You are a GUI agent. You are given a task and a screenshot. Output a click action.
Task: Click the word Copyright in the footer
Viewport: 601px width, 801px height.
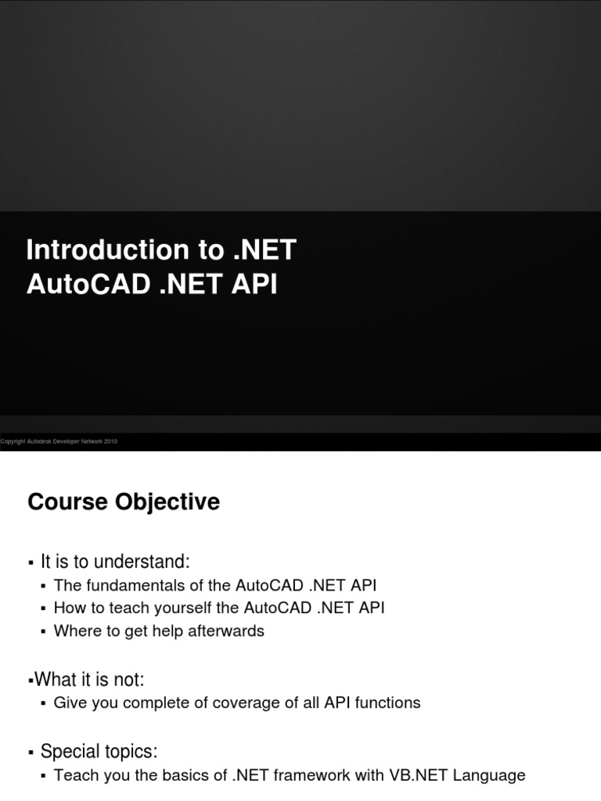(x=13, y=442)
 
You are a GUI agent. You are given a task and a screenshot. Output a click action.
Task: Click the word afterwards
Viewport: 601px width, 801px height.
(x=228, y=630)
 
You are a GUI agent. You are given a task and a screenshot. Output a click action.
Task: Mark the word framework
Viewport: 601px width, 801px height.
(x=296, y=775)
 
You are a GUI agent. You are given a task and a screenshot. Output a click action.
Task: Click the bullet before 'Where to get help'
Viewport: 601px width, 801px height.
(x=43, y=631)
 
